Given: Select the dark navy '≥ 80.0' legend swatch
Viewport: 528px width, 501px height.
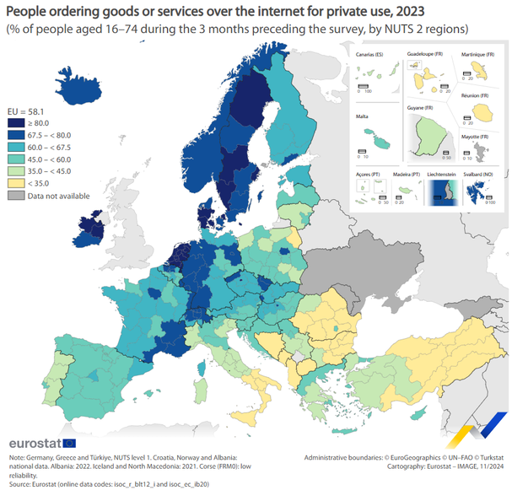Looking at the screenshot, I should coord(15,123).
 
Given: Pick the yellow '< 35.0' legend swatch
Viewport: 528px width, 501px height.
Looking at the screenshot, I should coord(15,182).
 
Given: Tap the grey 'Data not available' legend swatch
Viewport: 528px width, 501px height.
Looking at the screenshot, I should coord(15,195).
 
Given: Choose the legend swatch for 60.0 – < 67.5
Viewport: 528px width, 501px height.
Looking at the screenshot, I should coord(15,147).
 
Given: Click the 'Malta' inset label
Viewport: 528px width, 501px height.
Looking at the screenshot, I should coord(362,115).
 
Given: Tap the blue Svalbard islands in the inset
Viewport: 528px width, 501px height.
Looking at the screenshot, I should coord(482,193).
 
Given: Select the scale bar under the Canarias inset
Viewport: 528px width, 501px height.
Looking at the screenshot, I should coord(364,87).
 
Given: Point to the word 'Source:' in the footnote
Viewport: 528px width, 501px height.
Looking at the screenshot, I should coord(20,485).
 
